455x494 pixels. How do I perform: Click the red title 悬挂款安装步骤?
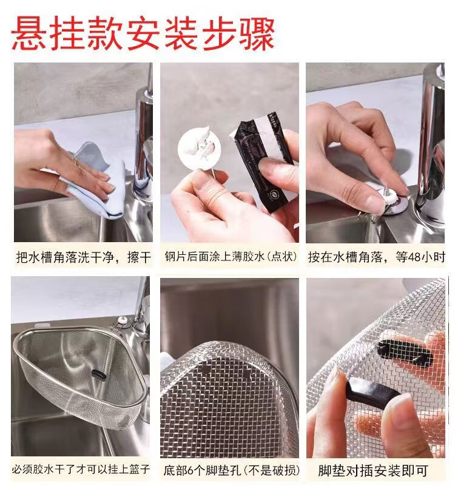[143, 34]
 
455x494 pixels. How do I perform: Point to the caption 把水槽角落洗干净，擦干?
[84, 257]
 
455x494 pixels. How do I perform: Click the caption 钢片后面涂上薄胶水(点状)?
[231, 257]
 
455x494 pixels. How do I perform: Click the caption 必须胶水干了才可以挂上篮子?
[81, 469]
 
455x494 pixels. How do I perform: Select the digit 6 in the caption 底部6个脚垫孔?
[191, 470]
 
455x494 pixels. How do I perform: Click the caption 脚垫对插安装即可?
[373, 471]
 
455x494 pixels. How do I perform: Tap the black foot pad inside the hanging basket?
[98, 375]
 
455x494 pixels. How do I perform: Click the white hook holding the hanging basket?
[123, 322]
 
